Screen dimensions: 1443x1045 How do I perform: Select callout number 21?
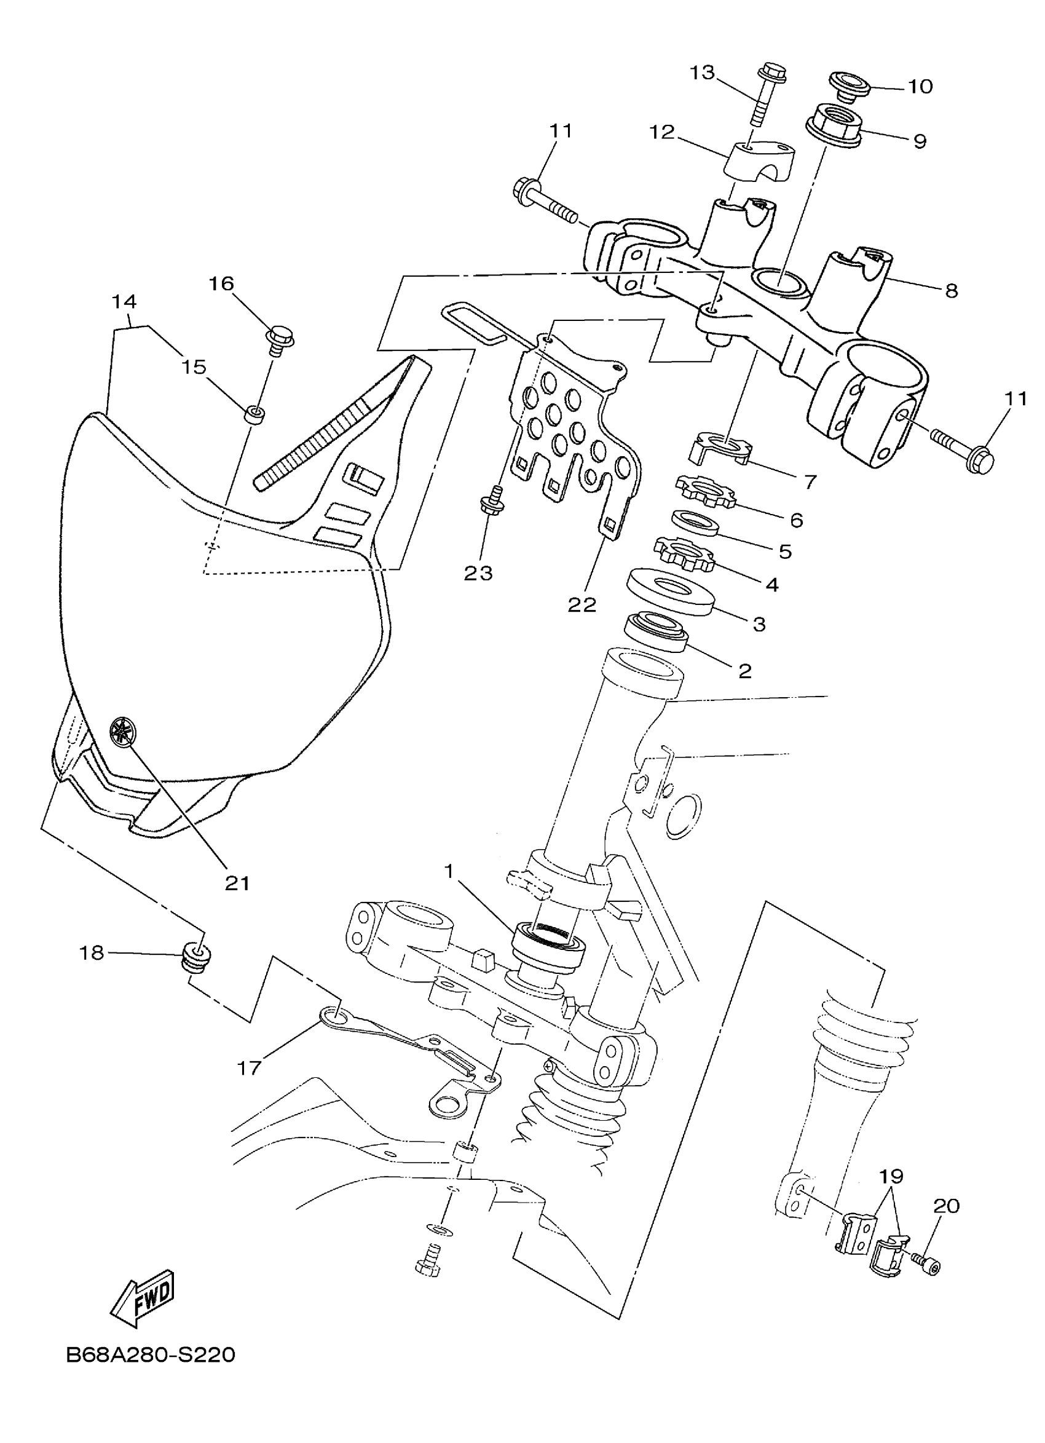(237, 884)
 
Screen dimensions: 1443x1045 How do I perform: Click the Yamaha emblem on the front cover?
(120, 730)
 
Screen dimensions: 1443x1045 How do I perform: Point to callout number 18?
(91, 953)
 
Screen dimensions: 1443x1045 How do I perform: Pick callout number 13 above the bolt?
(703, 73)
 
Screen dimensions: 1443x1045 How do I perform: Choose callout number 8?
(951, 291)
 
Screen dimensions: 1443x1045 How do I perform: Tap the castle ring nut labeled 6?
(704, 491)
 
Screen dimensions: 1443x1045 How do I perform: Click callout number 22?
(582, 604)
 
